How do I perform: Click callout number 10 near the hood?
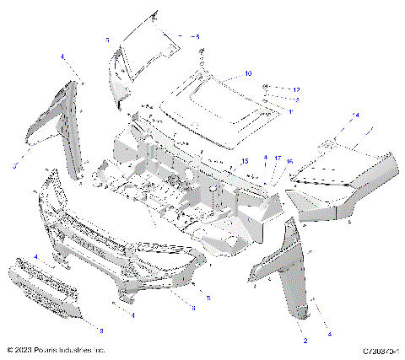(248, 74)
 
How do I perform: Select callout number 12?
(296, 89)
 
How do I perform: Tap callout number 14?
(355, 115)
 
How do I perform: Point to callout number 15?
(246, 160)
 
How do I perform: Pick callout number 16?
(289, 161)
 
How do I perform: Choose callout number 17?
(278, 159)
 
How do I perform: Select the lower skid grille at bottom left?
(46, 290)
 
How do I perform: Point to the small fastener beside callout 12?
(267, 88)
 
